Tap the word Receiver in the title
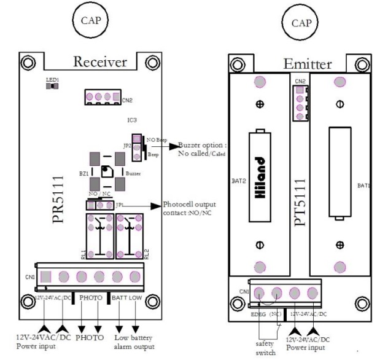tap(100, 61)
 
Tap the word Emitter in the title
tap(308, 63)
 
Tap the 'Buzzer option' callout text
tap(202, 150)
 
